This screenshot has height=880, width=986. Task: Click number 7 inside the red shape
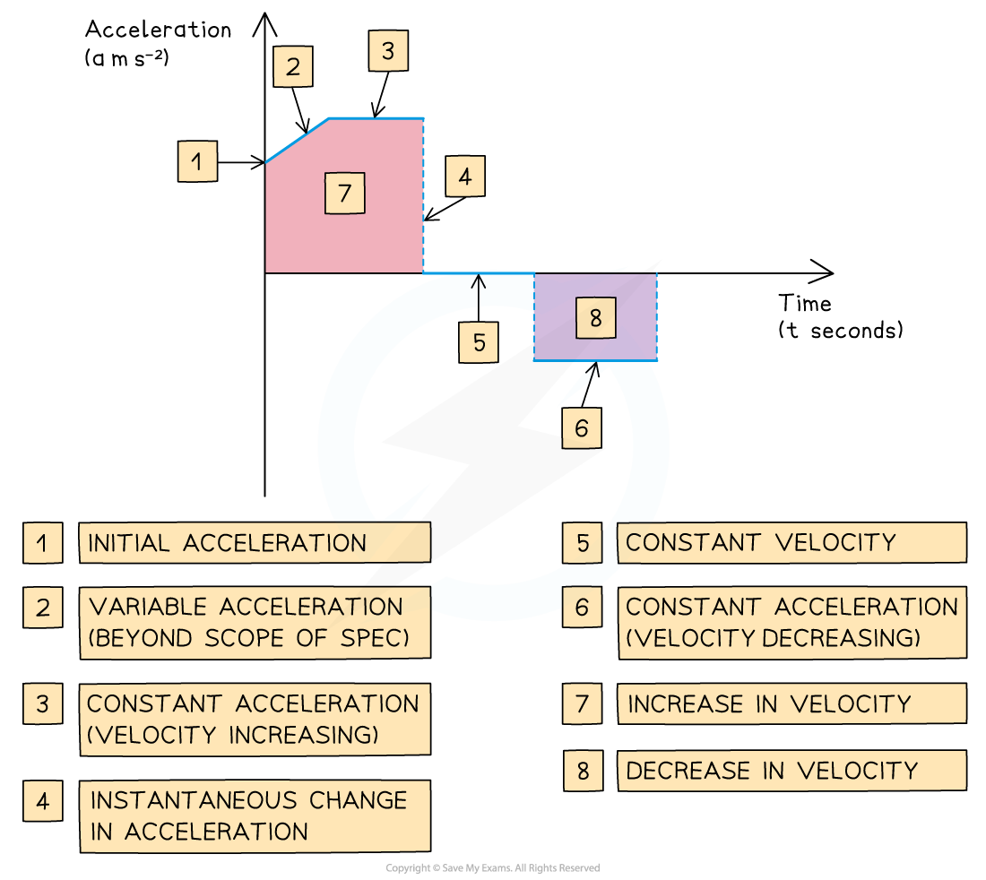coord(345,193)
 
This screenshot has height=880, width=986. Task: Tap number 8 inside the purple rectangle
coord(596,317)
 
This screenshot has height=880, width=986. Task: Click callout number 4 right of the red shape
coord(465,177)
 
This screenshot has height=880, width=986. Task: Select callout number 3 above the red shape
coord(388,51)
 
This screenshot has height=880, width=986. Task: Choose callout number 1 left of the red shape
coord(197,162)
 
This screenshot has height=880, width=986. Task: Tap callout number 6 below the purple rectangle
coord(582,428)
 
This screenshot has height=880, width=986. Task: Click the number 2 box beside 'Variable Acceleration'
coord(43,608)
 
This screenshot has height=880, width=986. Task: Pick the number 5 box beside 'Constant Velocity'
coord(583,543)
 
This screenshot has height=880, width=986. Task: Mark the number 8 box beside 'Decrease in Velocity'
coord(584,771)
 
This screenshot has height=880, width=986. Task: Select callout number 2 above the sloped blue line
coord(293,66)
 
